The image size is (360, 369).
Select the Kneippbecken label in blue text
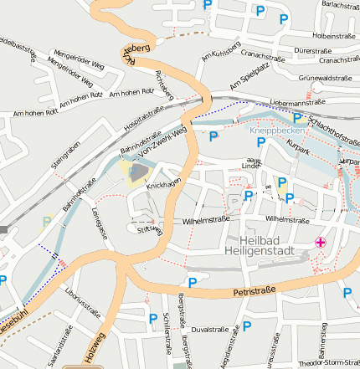point(273,131)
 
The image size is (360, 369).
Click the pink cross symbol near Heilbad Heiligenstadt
point(320,243)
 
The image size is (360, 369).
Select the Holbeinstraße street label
point(334,36)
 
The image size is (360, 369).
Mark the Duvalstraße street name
point(210,330)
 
